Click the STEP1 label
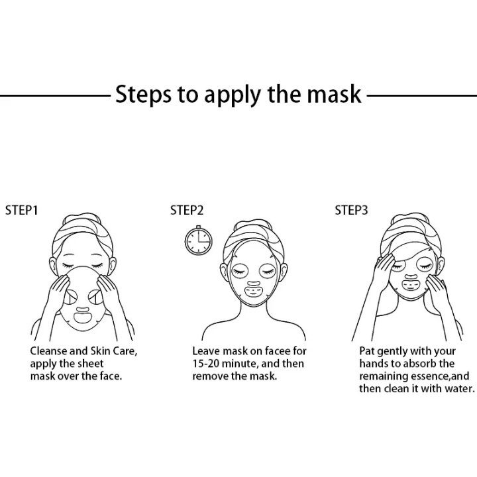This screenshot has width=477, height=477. pyautogui.click(x=22, y=211)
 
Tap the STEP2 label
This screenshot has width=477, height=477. pyautogui.click(x=187, y=211)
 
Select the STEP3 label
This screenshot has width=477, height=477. pyautogui.click(x=351, y=211)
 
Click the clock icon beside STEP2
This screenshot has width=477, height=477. pyautogui.click(x=199, y=241)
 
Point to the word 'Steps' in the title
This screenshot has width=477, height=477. pyautogui.click(x=142, y=95)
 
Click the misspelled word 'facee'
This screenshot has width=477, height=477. pyautogui.click(x=276, y=351)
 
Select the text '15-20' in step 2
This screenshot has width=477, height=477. pyautogui.click(x=207, y=364)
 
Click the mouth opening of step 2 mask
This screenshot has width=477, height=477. pyautogui.click(x=254, y=290)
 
